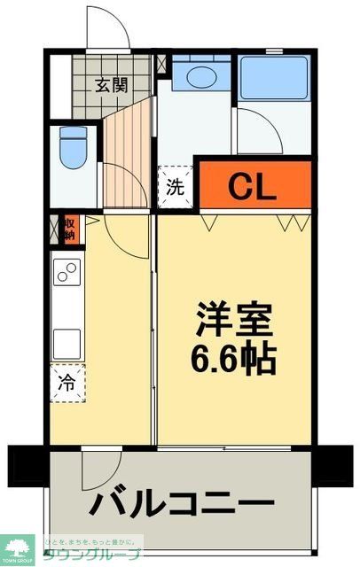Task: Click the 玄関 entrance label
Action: [x=112, y=86]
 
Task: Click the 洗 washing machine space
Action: [x=176, y=187]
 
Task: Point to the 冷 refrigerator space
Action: [x=67, y=384]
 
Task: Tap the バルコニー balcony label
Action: [x=181, y=506]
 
